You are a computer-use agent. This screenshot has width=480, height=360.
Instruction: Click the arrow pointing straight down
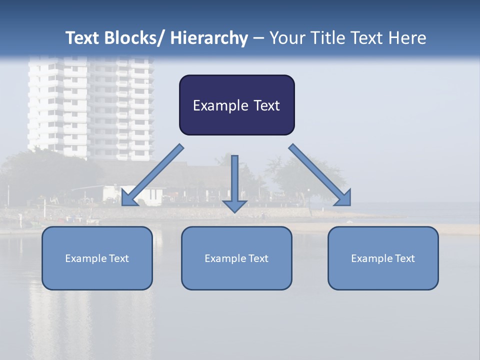(x=234, y=182)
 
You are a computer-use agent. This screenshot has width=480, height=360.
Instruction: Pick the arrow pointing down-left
(x=152, y=175)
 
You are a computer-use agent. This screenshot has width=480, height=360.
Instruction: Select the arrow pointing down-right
(x=320, y=175)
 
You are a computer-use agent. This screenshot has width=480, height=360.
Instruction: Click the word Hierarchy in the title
(x=209, y=38)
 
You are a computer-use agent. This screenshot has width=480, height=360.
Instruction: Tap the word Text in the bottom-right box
(x=404, y=258)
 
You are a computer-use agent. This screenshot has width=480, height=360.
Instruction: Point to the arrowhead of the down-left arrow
(x=129, y=197)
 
